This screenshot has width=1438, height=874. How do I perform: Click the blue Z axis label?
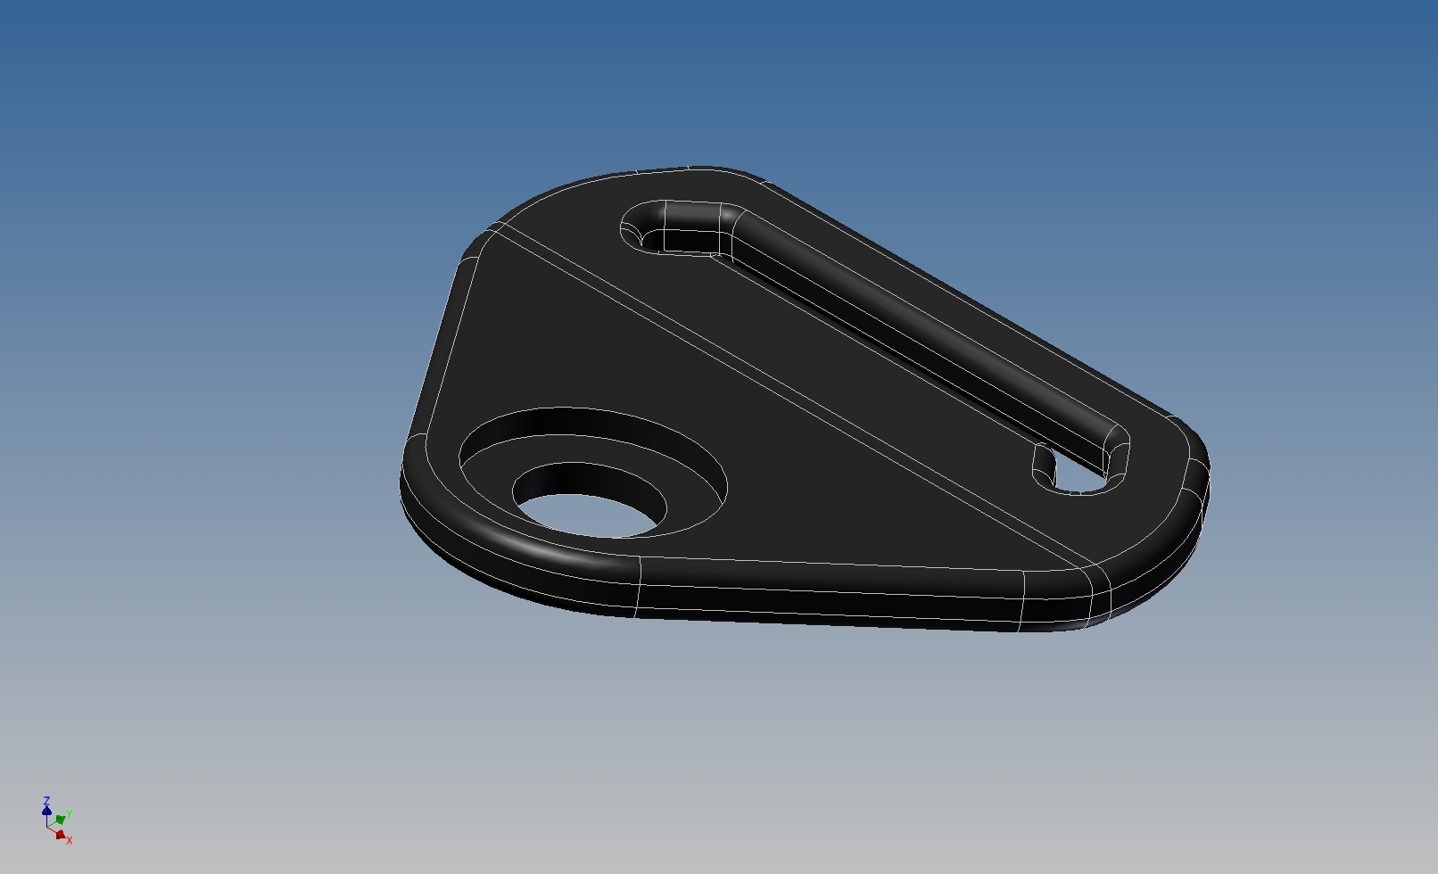(x=46, y=800)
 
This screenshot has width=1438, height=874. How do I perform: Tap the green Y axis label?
(x=70, y=813)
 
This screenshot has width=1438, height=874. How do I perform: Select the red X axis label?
(x=70, y=840)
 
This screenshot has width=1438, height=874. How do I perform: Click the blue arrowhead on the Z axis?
(x=46, y=811)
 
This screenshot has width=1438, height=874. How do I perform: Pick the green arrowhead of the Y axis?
(x=61, y=820)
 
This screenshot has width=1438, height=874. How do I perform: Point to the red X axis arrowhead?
(x=61, y=834)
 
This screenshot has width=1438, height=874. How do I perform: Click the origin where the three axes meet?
(x=47, y=827)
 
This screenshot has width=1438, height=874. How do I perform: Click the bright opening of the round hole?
(x=587, y=516)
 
